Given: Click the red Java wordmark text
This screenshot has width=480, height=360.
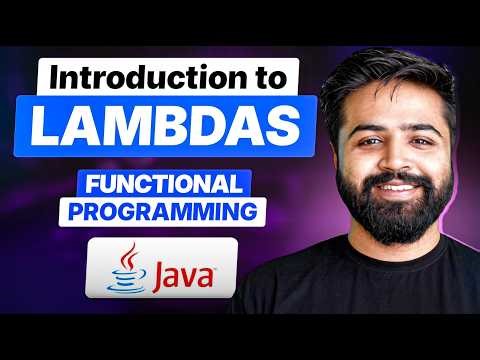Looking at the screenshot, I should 177,271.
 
